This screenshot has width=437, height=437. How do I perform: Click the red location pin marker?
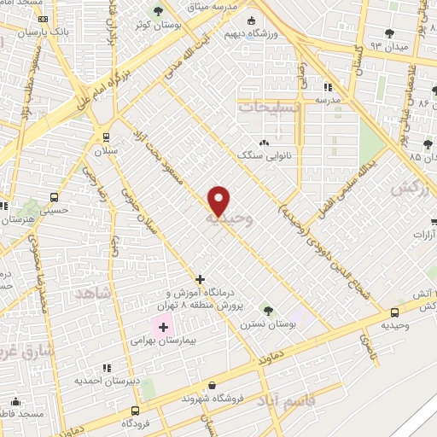(219, 201)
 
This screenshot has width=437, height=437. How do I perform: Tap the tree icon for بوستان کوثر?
(157, 11)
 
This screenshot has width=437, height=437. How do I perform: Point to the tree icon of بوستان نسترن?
(268, 311)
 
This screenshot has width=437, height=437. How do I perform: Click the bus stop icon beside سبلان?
(105, 137)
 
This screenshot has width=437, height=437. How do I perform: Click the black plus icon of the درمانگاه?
(200, 278)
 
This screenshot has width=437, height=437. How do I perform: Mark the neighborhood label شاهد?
(94, 293)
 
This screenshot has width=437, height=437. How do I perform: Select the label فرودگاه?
(135, 422)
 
